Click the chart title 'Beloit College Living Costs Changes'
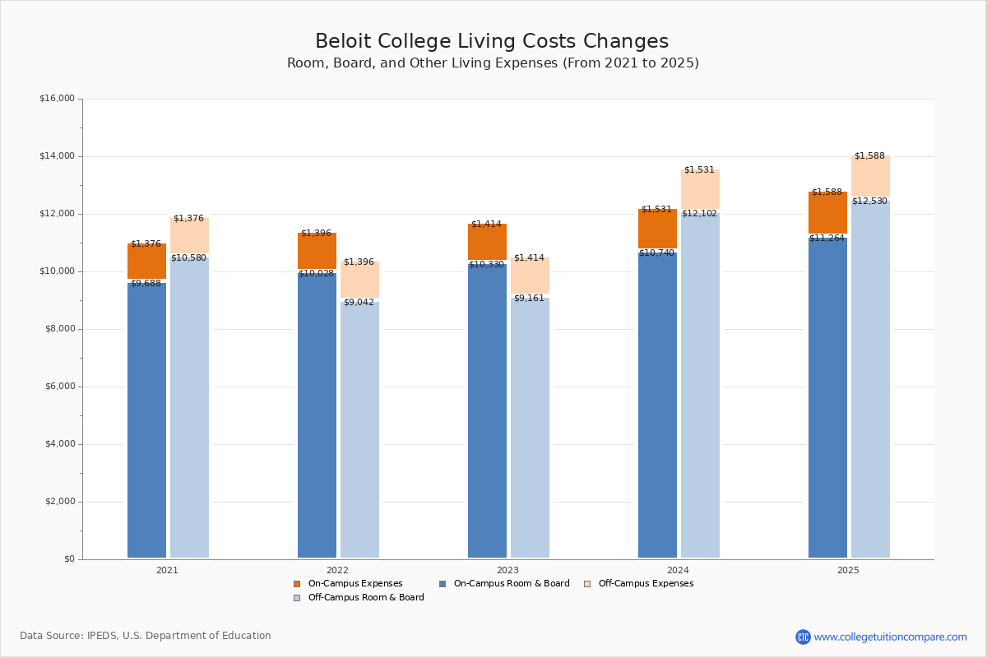[x=492, y=42]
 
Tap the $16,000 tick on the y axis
[x=57, y=99]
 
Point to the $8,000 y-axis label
[x=59, y=329]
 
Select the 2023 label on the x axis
[x=507, y=570]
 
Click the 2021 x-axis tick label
[x=167, y=570]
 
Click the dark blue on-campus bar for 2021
[x=146, y=419]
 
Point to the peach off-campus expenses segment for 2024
[x=700, y=189]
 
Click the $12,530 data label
[x=869, y=202]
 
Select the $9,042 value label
[x=359, y=303]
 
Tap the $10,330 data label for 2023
[x=486, y=265]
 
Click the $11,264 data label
[x=827, y=239]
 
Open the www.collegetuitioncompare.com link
[x=890, y=637]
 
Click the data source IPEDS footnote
[x=146, y=636]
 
